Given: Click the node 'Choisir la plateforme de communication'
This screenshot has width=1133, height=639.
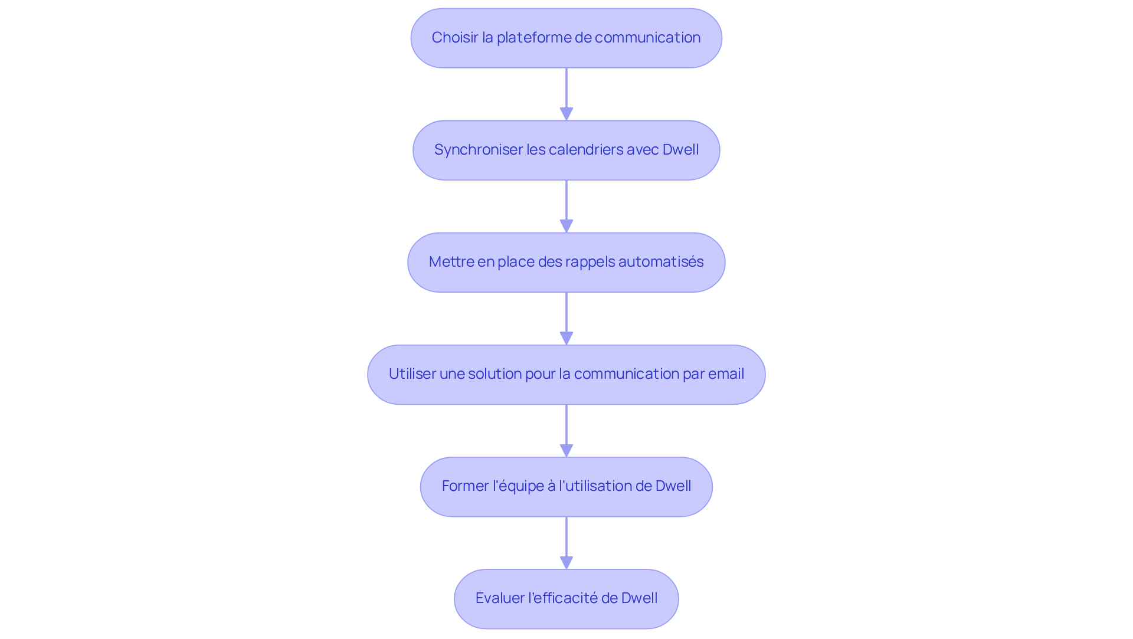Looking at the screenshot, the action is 566,38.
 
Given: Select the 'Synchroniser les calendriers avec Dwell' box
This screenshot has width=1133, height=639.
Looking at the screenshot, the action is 566,150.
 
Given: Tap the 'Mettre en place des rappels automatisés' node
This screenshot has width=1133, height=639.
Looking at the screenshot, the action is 566,262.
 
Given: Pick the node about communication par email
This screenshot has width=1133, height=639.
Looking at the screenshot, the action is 566,374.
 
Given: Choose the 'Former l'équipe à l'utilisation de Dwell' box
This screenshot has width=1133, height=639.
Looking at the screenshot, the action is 566,486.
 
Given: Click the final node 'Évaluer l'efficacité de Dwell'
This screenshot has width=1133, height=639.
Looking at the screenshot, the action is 566,598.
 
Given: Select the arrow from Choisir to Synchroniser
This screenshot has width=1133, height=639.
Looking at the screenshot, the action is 566,94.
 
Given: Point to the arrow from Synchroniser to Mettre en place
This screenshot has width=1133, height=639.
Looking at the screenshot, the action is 566,207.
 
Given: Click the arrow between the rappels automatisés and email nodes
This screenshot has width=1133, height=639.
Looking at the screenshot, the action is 566,319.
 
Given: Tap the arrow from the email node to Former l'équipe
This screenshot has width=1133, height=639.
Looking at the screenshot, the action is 566,431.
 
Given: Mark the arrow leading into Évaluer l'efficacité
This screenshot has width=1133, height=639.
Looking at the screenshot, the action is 566,543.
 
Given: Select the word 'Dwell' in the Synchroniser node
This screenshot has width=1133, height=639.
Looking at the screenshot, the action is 680,150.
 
